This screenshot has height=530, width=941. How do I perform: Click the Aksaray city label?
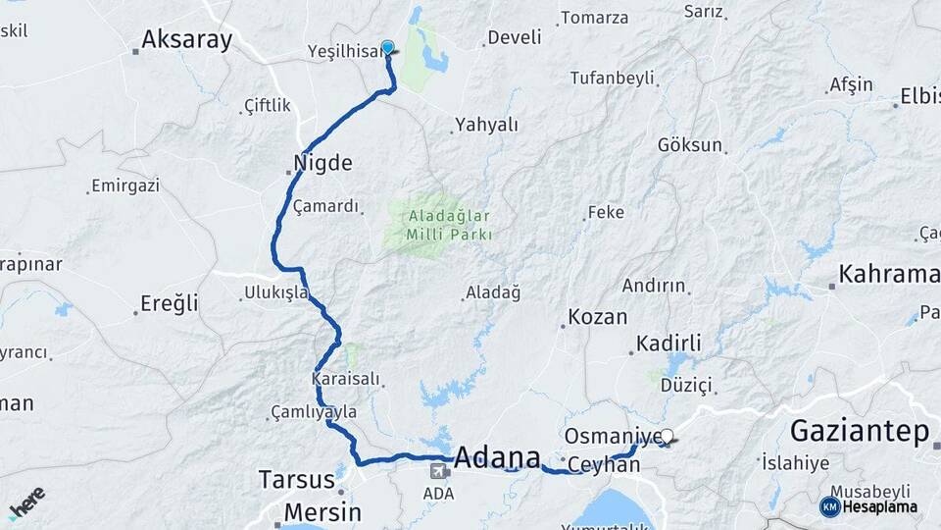point(186,39)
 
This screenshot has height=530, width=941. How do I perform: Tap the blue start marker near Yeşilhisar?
point(387,47)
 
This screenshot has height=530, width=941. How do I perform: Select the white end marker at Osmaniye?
point(668,436)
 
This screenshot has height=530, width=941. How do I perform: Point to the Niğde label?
point(322,163)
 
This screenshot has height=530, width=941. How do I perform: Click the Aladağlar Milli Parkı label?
point(438,225)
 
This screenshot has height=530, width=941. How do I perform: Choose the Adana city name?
point(498,457)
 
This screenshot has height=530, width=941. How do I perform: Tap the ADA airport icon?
point(436,471)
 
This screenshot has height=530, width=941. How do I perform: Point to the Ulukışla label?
point(276,292)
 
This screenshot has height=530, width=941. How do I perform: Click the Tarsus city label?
point(297,480)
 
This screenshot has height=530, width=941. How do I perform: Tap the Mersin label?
point(322,512)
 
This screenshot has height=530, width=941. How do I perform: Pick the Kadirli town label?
point(669,344)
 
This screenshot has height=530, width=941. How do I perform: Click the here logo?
point(27,502)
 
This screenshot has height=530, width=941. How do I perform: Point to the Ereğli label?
point(169,303)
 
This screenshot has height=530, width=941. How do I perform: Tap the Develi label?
point(515,38)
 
